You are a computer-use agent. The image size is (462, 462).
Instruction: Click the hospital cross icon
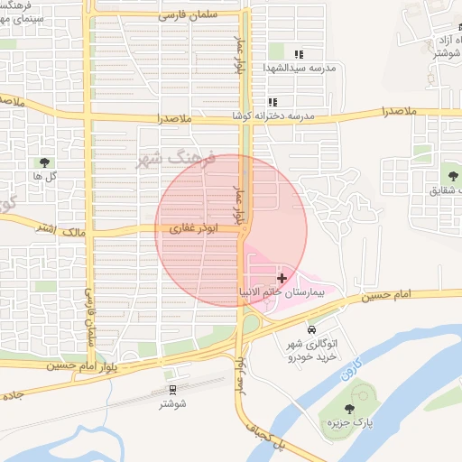(282, 277)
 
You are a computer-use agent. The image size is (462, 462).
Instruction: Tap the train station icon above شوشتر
(172, 389)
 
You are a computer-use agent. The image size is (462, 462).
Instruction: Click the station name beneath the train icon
(172, 403)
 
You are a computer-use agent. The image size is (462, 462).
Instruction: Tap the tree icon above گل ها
(43, 162)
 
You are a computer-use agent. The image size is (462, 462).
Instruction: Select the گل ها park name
(44, 177)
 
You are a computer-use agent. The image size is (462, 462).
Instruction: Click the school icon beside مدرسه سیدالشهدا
(299, 54)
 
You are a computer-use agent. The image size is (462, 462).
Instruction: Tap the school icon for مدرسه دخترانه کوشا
(272, 102)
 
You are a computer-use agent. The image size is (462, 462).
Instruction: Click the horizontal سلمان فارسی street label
(189, 15)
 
